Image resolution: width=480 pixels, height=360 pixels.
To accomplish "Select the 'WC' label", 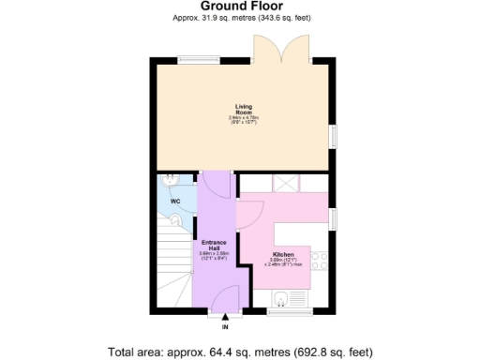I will coord(174,202).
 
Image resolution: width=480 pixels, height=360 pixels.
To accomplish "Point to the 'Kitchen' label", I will coord(283,255).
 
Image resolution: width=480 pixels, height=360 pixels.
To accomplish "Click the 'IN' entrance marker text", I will coord(225,327).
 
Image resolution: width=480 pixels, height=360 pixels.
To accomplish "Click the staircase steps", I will coord(171,272).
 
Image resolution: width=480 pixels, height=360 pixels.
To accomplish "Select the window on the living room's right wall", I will coord(332,136).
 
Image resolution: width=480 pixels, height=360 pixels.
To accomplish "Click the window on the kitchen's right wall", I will coord(332,219).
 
